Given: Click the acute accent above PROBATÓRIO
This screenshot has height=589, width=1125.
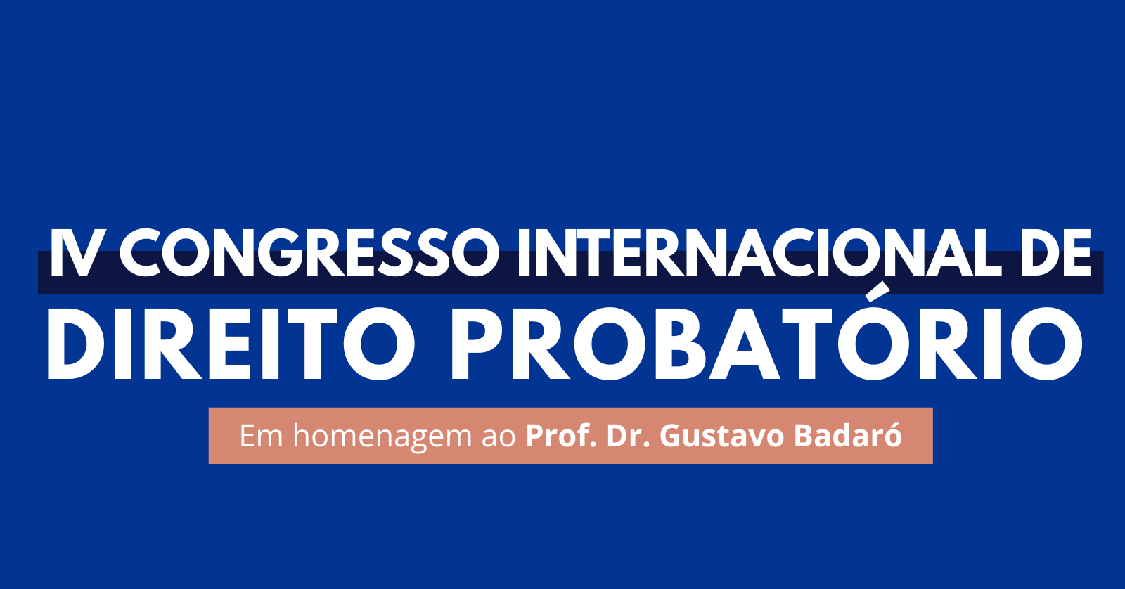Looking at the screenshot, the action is (x=876, y=292).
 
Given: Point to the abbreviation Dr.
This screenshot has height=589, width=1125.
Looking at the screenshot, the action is (x=629, y=435).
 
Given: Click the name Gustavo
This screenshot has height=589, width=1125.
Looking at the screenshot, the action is (x=721, y=436).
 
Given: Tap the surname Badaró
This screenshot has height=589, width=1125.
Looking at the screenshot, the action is (x=848, y=434).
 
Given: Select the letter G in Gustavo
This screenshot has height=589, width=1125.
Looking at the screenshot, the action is (x=671, y=436).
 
